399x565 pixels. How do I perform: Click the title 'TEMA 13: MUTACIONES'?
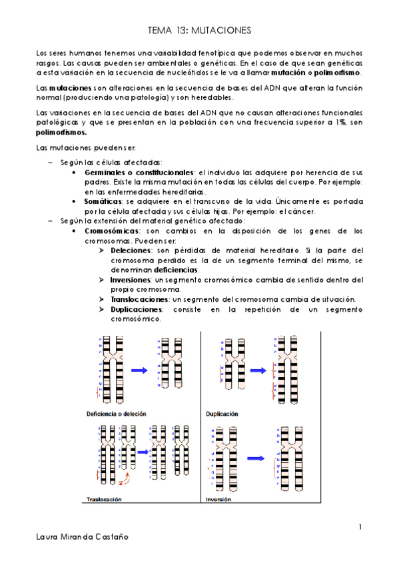[199, 31]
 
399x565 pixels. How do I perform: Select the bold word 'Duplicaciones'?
[137, 310]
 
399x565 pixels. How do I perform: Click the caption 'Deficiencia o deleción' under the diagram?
[117, 414]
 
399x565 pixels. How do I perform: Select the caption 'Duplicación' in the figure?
[222, 414]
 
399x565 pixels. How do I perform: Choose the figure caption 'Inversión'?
[219, 498]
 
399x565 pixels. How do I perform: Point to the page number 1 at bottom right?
[360, 527]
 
